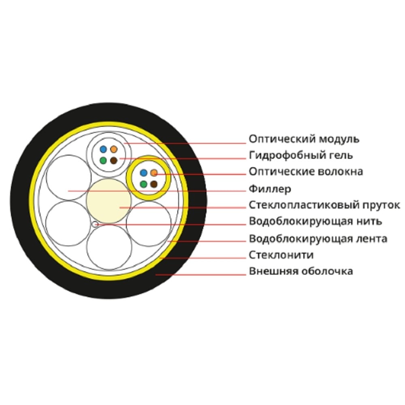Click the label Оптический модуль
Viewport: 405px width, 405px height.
(x=304, y=139)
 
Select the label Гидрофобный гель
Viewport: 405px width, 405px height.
(x=301, y=156)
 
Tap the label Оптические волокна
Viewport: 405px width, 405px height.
(x=306, y=171)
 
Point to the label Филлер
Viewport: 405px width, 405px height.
(x=270, y=189)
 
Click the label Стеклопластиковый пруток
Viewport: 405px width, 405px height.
(x=324, y=205)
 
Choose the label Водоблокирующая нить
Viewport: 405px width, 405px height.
(x=315, y=222)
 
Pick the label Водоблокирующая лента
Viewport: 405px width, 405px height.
(x=318, y=239)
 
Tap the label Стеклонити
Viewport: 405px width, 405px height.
(x=281, y=255)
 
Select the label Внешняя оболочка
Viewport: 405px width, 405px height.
(x=301, y=271)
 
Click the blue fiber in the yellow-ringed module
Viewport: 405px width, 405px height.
(x=143, y=173)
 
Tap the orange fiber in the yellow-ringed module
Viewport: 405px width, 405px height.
(x=154, y=173)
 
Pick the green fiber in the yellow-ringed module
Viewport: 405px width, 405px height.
(x=143, y=184)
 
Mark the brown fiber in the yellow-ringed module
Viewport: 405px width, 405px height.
(x=154, y=184)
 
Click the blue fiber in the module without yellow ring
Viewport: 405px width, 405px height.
(x=103, y=149)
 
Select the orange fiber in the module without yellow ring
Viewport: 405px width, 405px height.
(x=114, y=149)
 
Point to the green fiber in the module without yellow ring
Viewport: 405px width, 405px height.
(x=103, y=160)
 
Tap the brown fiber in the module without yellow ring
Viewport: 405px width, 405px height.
(x=114, y=160)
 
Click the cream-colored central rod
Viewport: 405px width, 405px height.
(x=109, y=201)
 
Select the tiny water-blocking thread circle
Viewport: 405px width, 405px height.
(x=95, y=224)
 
